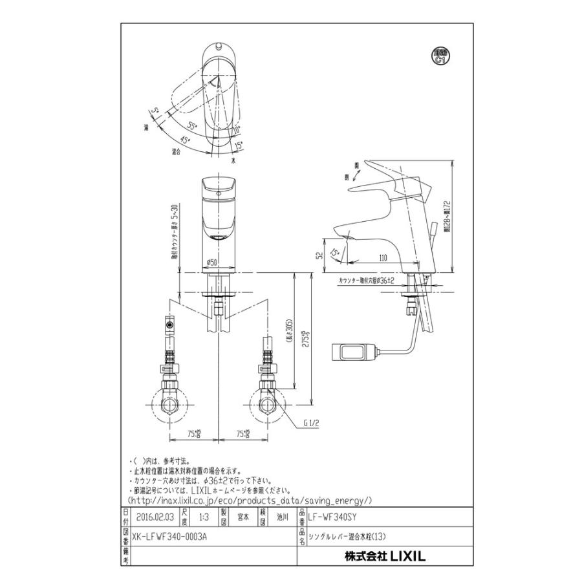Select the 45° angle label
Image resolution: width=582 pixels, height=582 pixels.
point(185,139)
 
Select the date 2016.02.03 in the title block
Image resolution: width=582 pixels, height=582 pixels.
point(155,517)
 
